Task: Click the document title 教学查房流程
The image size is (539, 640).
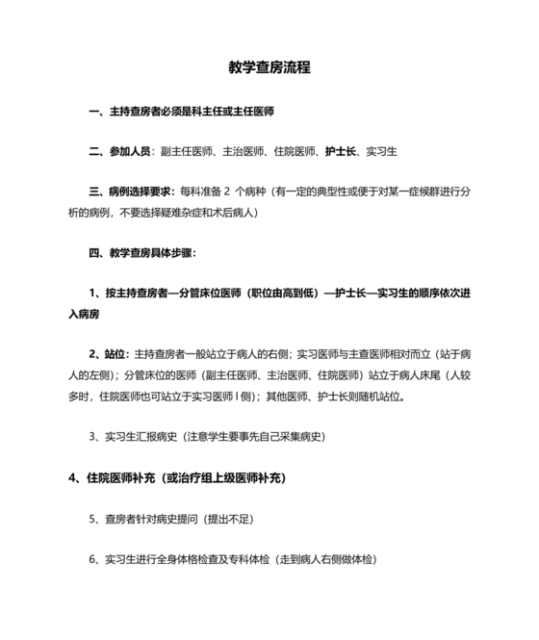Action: coord(269,68)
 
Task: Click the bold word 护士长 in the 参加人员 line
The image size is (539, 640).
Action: coord(341,151)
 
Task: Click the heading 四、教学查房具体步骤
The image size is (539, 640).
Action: coord(142,252)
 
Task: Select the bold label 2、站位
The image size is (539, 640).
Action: coord(110,354)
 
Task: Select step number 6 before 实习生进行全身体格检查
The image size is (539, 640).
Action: coord(92,559)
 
